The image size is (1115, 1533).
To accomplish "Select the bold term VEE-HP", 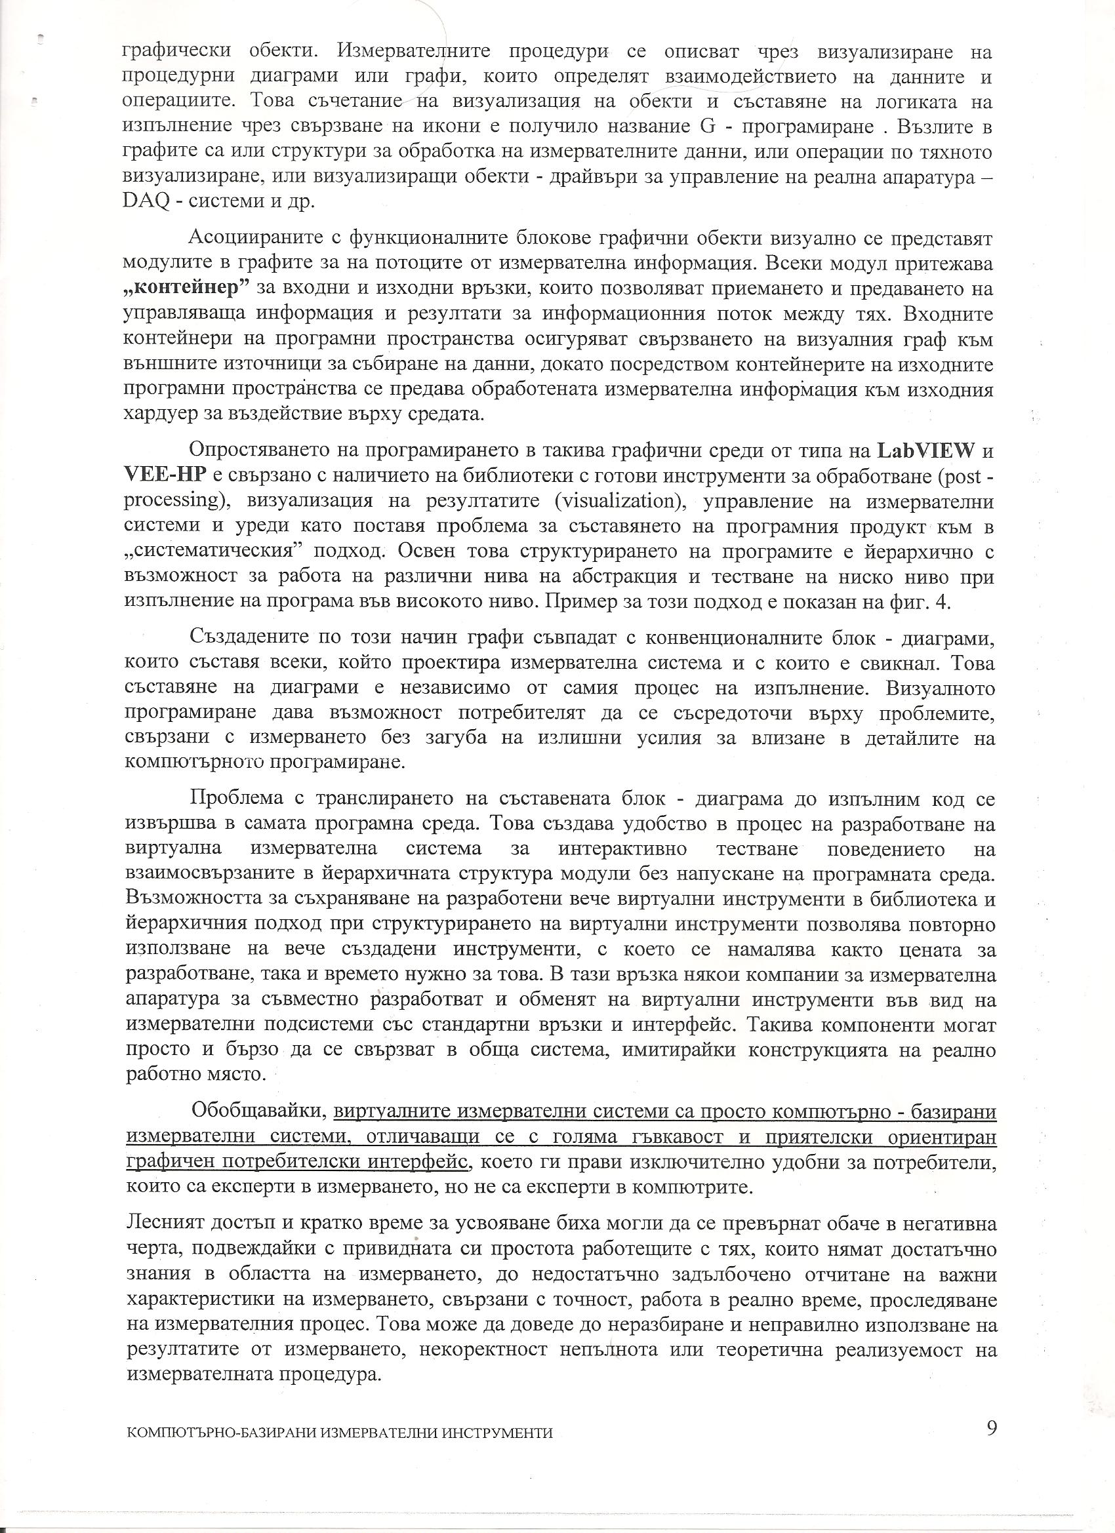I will tap(165, 476).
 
